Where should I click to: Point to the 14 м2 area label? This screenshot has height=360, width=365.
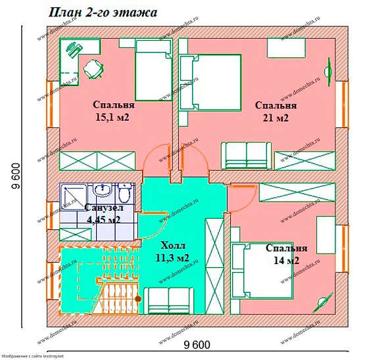286,261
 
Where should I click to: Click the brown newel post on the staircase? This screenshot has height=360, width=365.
137,299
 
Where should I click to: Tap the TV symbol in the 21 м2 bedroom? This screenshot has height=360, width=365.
328,66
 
